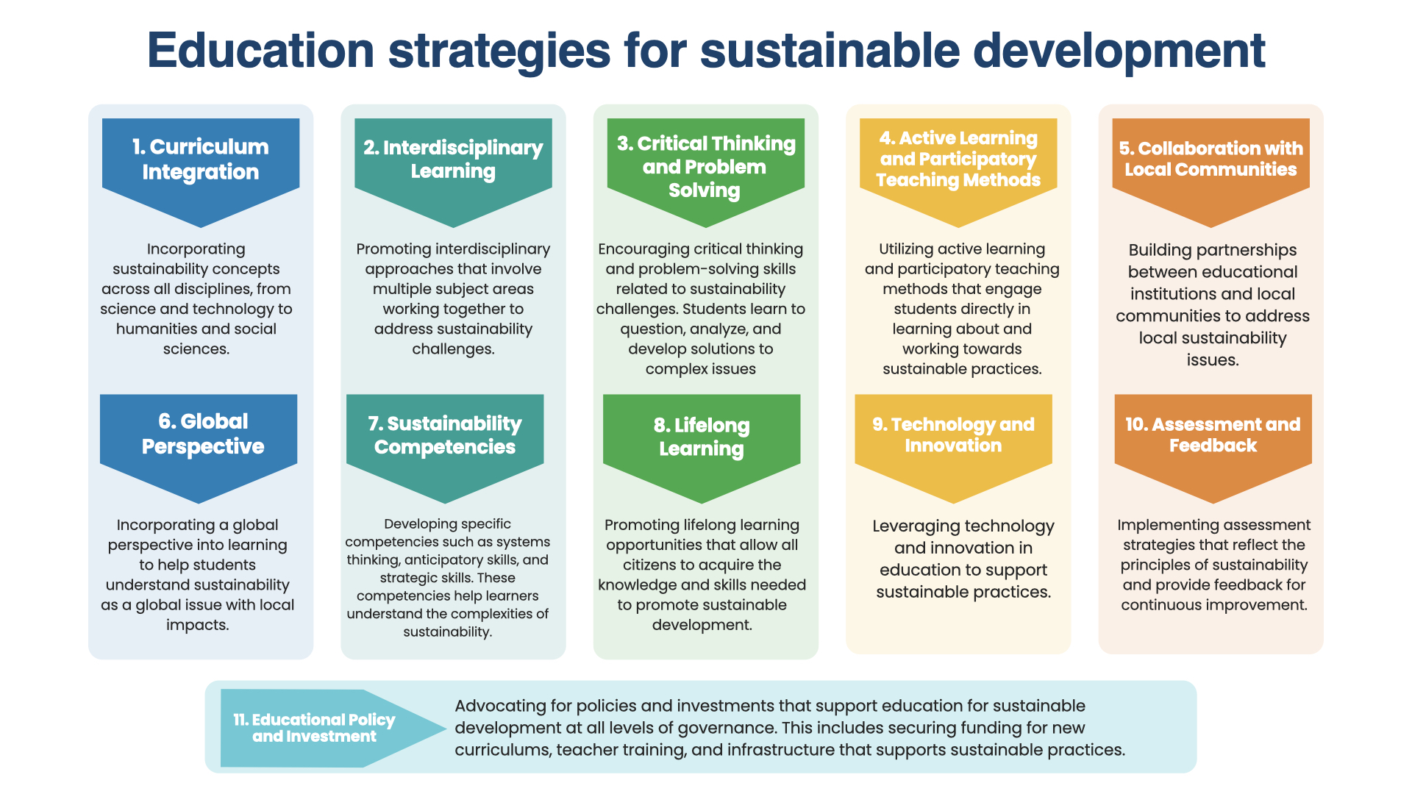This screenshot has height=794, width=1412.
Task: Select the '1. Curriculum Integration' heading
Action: pyautogui.click(x=200, y=159)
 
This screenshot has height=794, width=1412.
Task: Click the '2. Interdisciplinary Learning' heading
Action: pyautogui.click(x=453, y=159)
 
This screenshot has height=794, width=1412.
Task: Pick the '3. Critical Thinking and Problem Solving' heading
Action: pyautogui.click(x=705, y=167)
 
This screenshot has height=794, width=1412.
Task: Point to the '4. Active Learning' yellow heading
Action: pyautogui.click(x=958, y=159)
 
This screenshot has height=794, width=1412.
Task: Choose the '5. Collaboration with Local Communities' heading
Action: pyautogui.click(x=1210, y=159)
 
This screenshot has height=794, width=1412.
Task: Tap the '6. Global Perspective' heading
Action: pyautogui.click(x=203, y=434)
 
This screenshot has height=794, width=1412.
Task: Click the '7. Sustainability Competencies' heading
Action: pyautogui.click(x=445, y=435)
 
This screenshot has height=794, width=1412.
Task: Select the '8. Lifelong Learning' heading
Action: pyautogui.click(x=702, y=437)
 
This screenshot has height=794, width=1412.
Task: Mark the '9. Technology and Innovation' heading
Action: pyautogui.click(x=953, y=435)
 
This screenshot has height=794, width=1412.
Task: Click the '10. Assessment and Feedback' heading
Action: pyautogui.click(x=1213, y=434)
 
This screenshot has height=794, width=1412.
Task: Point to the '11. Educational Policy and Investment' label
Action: pyautogui.click(x=314, y=728)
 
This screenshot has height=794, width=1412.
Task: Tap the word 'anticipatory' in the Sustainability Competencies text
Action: pyautogui.click(x=471, y=560)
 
